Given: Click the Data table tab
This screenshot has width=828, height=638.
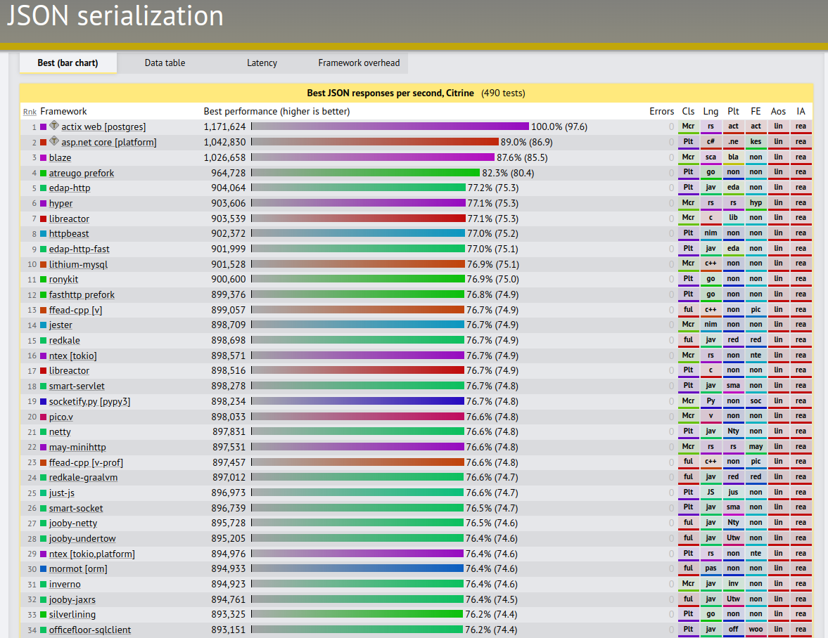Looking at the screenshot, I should click(x=165, y=63).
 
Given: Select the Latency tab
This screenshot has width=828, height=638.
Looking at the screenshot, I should click(x=262, y=63).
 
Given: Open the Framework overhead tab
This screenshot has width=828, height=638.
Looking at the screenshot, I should click(x=359, y=63).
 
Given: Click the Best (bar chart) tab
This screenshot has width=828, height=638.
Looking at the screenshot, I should click(x=68, y=63).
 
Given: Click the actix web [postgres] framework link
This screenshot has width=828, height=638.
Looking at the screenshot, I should click(x=103, y=127).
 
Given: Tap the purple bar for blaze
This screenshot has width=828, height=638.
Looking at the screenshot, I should click(x=373, y=157).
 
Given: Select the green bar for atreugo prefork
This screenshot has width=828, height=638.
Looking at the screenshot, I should click(x=365, y=173).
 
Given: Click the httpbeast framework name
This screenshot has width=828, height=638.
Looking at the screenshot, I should click(x=69, y=234).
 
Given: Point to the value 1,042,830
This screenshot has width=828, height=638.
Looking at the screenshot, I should click(x=224, y=143).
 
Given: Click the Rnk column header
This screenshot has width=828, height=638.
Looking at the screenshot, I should click(x=30, y=112).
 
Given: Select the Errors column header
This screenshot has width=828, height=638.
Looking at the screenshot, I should click(x=661, y=112).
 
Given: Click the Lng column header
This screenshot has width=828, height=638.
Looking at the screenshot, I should click(x=711, y=112).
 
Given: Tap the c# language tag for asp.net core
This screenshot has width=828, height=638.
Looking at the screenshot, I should click(x=711, y=142).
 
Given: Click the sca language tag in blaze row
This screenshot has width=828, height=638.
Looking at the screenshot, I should click(x=711, y=157).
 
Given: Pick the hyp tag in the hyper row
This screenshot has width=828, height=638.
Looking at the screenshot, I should click(x=756, y=203).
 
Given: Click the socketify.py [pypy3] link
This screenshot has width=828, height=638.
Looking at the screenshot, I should click(x=89, y=402).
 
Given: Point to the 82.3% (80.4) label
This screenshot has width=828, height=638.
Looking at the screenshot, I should click(x=507, y=173).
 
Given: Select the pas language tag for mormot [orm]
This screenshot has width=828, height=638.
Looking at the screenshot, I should click(x=711, y=568).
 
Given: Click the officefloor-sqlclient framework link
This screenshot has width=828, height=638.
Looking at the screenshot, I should click(x=90, y=630).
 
